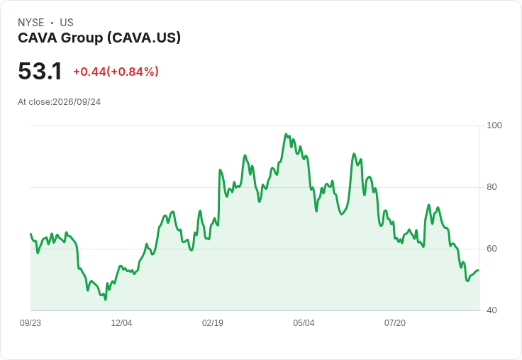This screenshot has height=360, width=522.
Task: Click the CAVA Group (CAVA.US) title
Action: click(x=99, y=38)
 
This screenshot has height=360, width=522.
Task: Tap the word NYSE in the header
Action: click(x=31, y=23)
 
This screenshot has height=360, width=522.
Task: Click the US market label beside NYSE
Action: click(x=67, y=23)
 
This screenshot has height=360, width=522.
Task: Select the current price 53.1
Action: click(x=40, y=71)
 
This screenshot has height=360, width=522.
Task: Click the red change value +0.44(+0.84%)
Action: click(x=116, y=72)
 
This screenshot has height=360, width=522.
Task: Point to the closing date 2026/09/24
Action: click(x=77, y=102)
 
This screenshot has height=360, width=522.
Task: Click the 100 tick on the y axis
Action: click(x=494, y=125)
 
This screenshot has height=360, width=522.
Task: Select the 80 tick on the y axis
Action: click(x=492, y=187)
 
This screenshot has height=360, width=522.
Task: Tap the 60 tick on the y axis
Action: click(x=492, y=249)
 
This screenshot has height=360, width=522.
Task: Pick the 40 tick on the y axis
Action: click(x=492, y=310)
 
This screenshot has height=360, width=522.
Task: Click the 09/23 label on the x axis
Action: click(x=30, y=323)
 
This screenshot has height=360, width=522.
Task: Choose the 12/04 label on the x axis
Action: click(x=121, y=323)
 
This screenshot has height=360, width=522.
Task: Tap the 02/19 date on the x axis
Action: click(x=213, y=323)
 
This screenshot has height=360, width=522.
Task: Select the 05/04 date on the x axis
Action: click(x=304, y=323)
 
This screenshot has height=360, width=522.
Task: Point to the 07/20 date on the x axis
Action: click(x=395, y=323)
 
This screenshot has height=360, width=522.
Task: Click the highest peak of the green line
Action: click(x=286, y=134)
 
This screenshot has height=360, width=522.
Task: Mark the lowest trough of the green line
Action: click(x=106, y=300)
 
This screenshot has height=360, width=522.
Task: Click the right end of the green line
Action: click(x=479, y=271)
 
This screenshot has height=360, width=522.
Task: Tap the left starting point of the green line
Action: click(x=31, y=235)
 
